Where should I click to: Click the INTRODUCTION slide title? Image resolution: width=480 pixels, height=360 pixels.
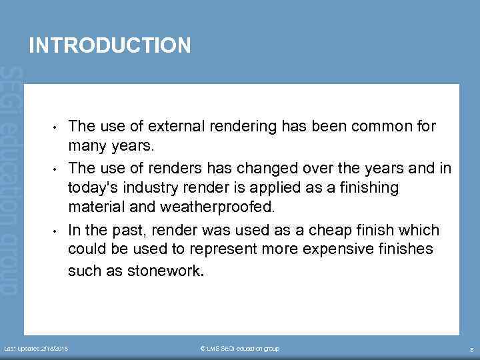(x=110, y=45)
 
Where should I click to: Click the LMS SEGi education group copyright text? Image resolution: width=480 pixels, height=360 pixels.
(x=239, y=349)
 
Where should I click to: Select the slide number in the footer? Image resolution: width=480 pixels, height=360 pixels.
(x=471, y=349)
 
